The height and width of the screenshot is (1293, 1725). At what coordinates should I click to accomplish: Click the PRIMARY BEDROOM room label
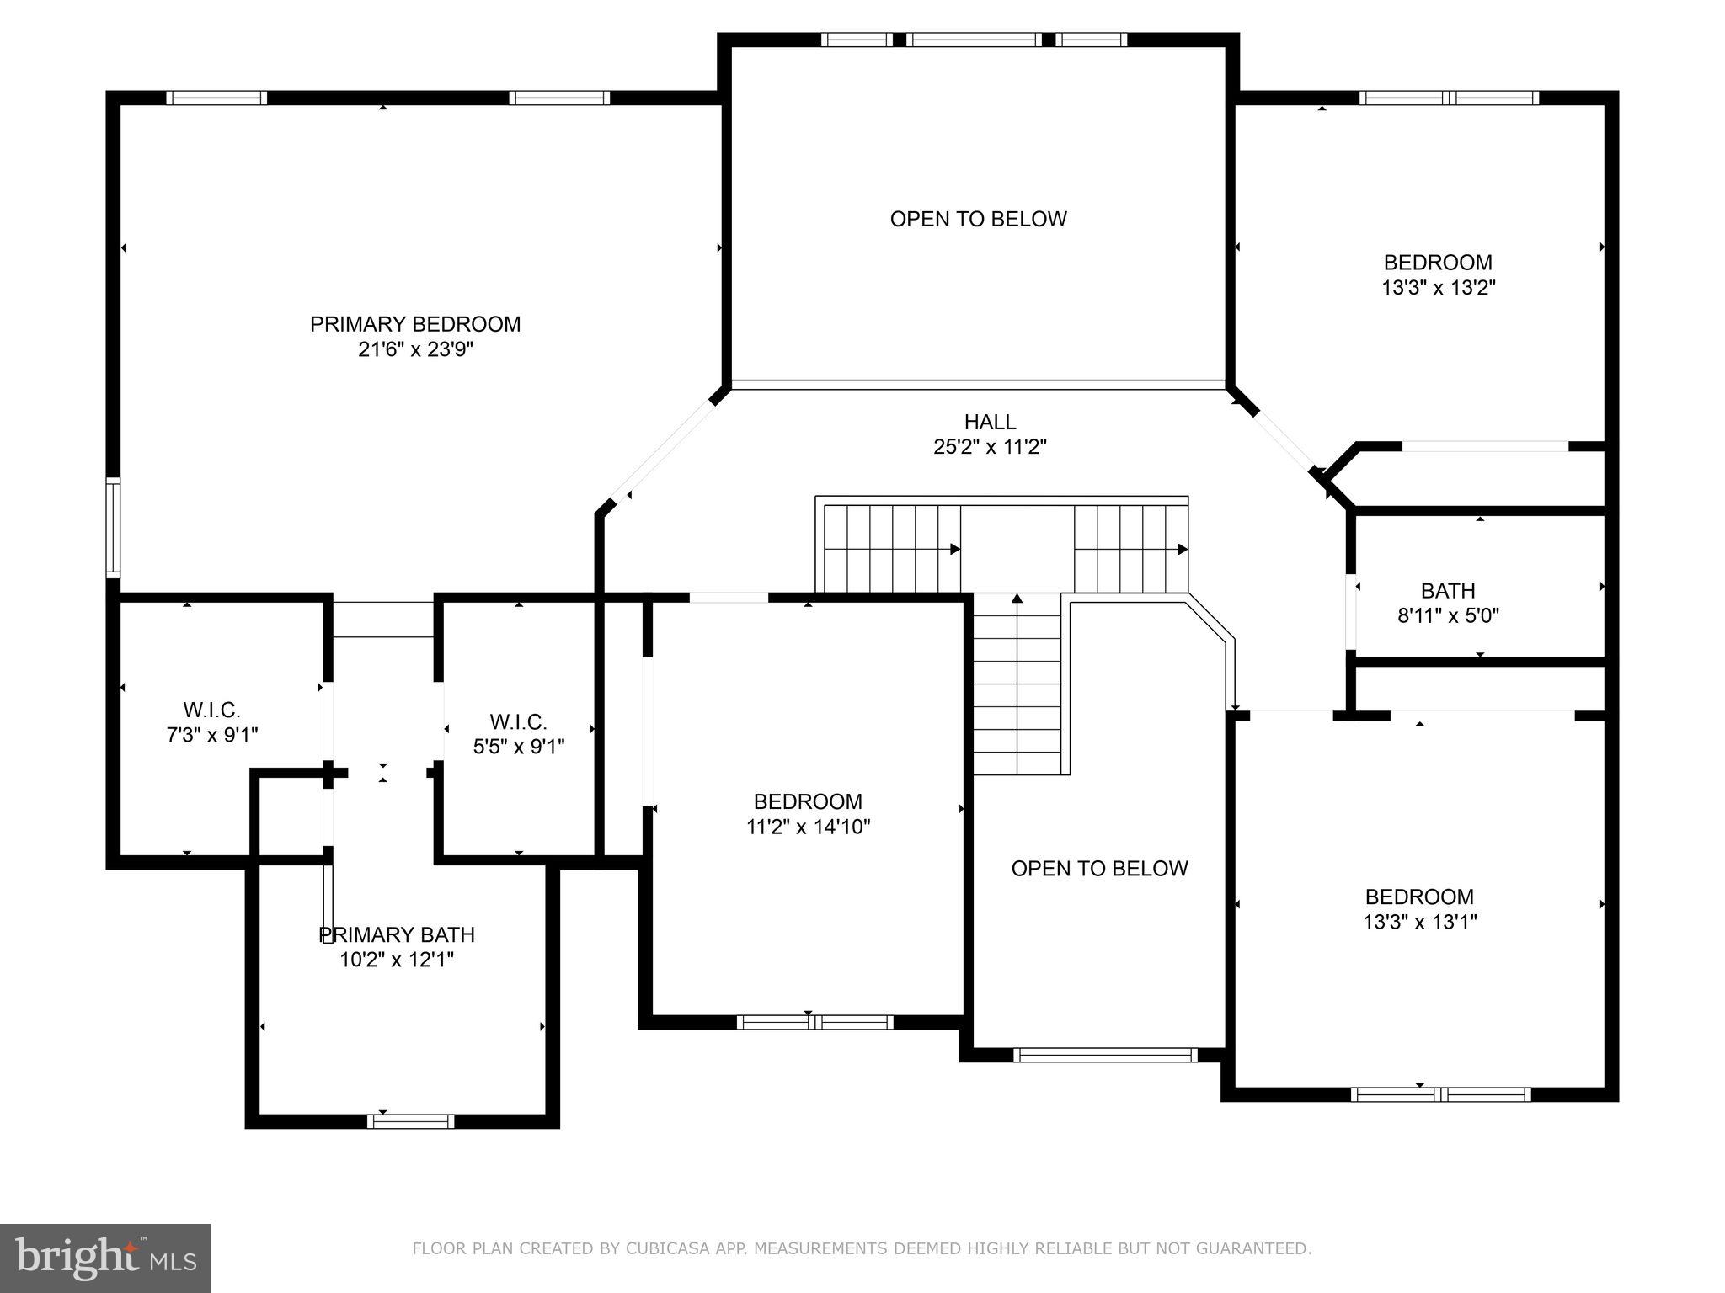pyautogui.click(x=415, y=324)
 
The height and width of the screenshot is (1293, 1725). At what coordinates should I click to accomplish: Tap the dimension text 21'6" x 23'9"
pyautogui.click(x=415, y=349)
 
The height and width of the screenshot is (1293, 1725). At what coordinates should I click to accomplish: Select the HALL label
pyautogui.click(x=990, y=422)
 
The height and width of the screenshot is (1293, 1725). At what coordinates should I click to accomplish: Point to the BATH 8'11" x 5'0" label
pyautogui.click(x=1448, y=603)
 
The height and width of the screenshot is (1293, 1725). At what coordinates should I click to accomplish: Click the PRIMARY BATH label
pyautogui.click(x=397, y=935)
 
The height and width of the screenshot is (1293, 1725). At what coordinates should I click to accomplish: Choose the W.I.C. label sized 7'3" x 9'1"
pyautogui.click(x=211, y=722)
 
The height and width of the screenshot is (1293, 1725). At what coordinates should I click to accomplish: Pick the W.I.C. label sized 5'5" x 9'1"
pyautogui.click(x=518, y=734)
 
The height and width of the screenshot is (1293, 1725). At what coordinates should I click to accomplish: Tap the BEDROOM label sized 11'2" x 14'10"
pyautogui.click(x=808, y=814)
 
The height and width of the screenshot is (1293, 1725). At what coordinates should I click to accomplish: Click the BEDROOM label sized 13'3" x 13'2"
pyautogui.click(x=1438, y=274)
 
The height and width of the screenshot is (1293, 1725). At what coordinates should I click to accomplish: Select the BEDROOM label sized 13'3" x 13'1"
pyautogui.click(x=1419, y=909)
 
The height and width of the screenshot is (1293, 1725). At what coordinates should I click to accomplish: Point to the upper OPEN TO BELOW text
pyautogui.click(x=978, y=220)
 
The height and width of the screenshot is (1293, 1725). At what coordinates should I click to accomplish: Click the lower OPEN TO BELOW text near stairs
pyautogui.click(x=1099, y=869)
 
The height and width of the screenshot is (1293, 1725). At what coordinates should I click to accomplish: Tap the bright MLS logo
pyautogui.click(x=104, y=1258)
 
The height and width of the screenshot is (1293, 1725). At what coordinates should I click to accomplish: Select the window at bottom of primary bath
pyautogui.click(x=410, y=1121)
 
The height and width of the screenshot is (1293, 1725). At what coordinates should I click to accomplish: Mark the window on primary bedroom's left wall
pyautogui.click(x=112, y=527)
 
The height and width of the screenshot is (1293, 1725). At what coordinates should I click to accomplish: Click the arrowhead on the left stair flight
pyautogui.click(x=955, y=549)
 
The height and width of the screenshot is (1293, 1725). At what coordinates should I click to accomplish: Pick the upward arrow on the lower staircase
pyautogui.click(x=1017, y=599)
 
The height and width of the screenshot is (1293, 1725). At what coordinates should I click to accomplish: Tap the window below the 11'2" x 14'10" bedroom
pyautogui.click(x=814, y=1022)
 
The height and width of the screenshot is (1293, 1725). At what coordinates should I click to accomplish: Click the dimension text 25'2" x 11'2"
pyautogui.click(x=990, y=447)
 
